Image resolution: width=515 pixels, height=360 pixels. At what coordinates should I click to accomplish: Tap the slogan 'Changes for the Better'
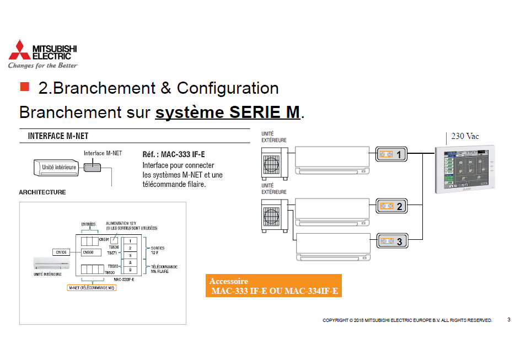click(42, 66)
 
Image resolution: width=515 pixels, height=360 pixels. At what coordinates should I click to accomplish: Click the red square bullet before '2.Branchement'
click(24, 87)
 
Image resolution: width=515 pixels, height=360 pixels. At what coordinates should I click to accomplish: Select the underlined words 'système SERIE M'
click(228, 112)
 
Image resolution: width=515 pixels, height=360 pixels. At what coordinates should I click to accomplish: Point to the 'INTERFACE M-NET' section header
click(58, 136)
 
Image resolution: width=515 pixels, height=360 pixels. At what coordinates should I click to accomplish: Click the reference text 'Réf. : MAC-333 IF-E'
click(178, 154)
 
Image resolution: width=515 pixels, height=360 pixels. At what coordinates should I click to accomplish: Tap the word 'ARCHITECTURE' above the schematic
click(42, 192)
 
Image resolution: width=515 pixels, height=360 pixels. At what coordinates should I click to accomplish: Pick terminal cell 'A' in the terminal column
click(130, 263)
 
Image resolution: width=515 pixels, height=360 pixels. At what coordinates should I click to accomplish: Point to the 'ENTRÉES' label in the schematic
click(88, 224)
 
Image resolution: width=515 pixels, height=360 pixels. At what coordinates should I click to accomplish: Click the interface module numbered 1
click(392, 155)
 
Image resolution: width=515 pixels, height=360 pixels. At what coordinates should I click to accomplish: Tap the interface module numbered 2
click(392, 207)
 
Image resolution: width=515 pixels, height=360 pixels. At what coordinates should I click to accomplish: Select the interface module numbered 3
click(392, 240)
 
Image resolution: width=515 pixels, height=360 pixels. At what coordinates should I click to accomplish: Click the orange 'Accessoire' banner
click(273, 286)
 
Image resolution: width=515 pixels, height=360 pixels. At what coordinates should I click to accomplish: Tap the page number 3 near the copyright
click(508, 320)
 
